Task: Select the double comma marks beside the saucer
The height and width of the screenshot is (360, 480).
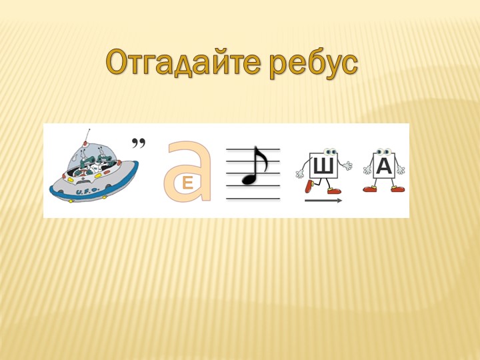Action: [139, 143]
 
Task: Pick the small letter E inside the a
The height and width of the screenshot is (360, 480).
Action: [187, 182]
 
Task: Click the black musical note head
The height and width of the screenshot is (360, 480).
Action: [249, 178]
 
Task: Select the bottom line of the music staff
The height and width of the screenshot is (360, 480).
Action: [253, 199]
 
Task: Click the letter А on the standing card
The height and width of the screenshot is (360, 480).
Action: [384, 166]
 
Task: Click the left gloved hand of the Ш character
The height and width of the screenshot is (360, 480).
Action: [300, 174]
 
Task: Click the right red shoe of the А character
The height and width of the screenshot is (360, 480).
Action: [398, 189]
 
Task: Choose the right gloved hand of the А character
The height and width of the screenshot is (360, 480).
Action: [401, 170]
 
